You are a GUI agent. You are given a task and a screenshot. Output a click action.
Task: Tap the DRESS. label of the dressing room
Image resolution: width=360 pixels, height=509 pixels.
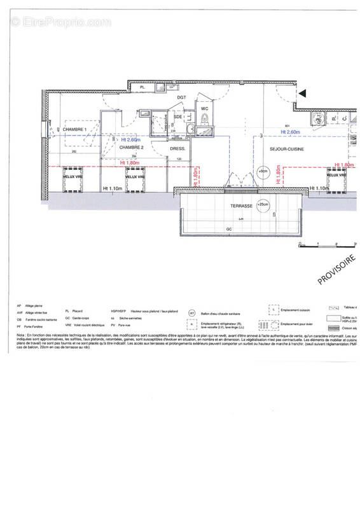click(x=177, y=149)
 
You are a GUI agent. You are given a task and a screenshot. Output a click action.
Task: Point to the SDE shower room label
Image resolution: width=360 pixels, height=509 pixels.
click(x=178, y=117)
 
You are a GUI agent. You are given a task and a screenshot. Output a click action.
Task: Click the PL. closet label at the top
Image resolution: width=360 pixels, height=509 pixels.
click(x=143, y=87)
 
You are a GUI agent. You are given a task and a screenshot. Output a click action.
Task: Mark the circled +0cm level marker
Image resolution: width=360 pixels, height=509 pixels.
click(x=263, y=171)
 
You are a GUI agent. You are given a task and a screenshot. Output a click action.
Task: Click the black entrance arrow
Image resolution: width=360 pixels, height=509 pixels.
click(x=303, y=94)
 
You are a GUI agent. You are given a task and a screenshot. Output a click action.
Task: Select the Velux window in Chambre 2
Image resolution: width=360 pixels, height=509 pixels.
click(x=135, y=177)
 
